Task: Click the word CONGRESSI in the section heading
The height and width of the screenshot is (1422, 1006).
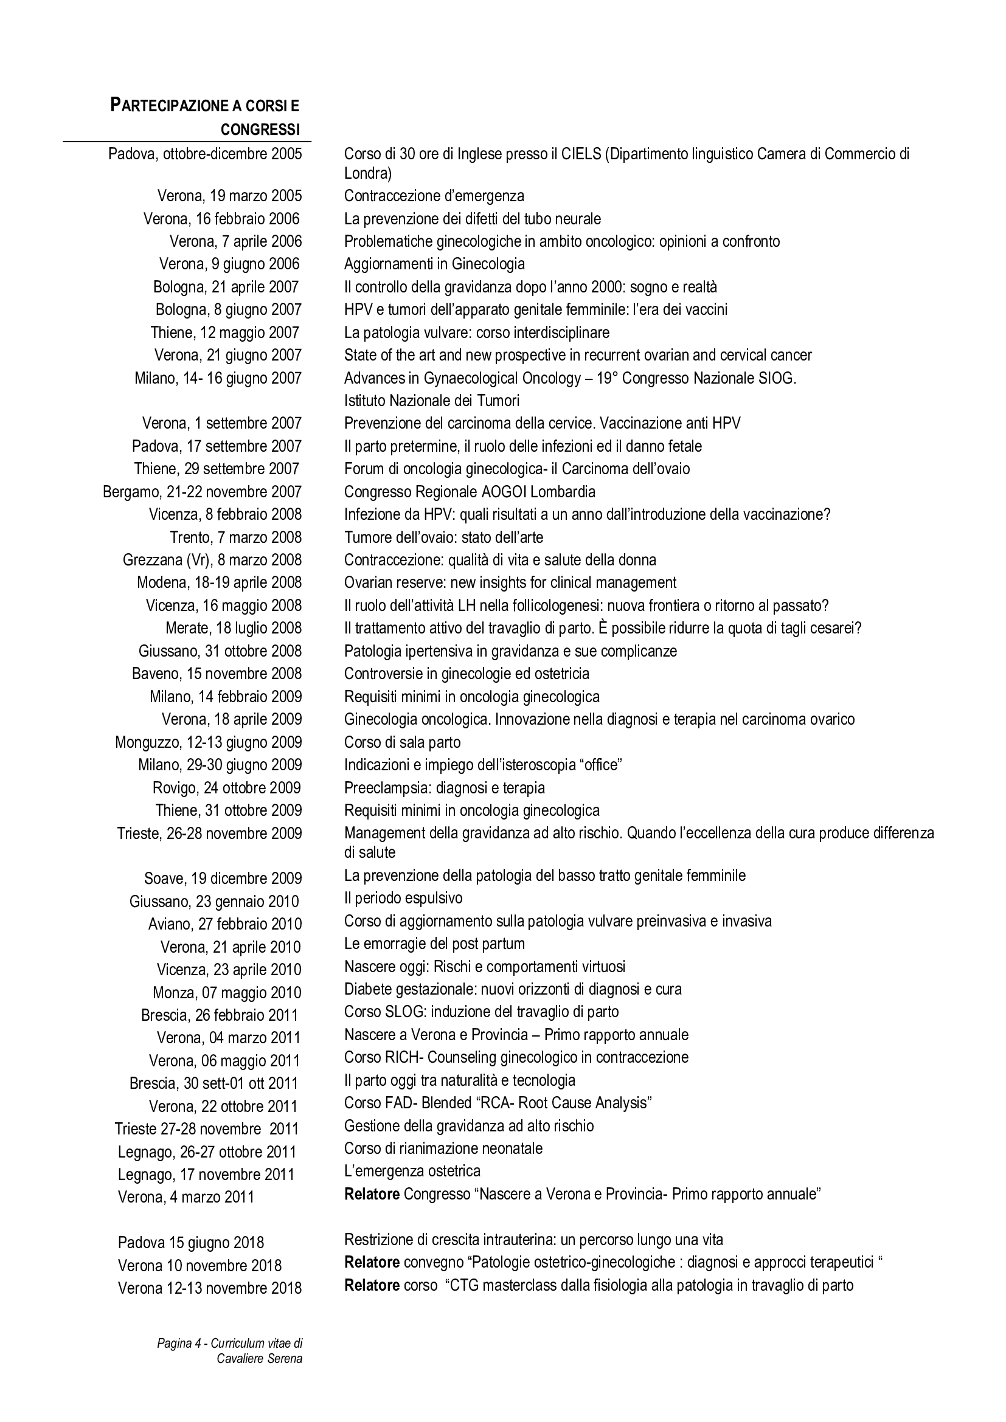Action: pyautogui.click(x=260, y=129)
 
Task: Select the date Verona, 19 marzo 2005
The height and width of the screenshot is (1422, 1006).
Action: pyautogui.click(x=229, y=196)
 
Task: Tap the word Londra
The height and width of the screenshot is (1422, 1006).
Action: pyautogui.click(x=367, y=173)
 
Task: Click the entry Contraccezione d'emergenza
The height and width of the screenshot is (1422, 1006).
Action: pyautogui.click(x=434, y=196)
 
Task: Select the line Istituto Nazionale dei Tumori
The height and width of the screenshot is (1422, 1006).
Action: pyautogui.click(x=432, y=401)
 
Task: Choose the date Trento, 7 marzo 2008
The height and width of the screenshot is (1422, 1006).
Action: pyautogui.click(x=235, y=537)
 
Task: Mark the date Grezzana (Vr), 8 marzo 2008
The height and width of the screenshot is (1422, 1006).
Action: pyautogui.click(x=212, y=560)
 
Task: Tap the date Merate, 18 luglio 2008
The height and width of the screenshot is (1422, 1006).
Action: pyautogui.click(x=233, y=628)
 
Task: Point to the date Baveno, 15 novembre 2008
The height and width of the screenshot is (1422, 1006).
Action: pyautogui.click(x=216, y=673)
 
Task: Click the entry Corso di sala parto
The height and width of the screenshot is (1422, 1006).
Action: pyautogui.click(x=402, y=742)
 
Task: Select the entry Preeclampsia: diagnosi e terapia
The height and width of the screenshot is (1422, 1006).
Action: pyautogui.click(x=444, y=788)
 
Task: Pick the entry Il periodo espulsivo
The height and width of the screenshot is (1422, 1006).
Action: pyautogui.click(x=403, y=898)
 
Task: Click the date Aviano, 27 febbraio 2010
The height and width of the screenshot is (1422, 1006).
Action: pyautogui.click(x=225, y=925)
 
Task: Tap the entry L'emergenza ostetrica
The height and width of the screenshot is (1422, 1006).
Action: pyautogui.click(x=412, y=1171)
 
